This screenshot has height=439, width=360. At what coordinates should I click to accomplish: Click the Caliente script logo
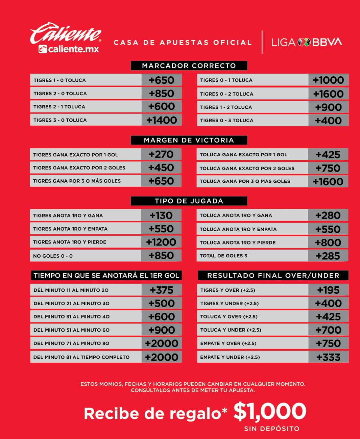tap(66, 33)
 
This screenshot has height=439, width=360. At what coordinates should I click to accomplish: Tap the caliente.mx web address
tap(69, 49)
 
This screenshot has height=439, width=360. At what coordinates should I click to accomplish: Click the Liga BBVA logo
tap(307, 42)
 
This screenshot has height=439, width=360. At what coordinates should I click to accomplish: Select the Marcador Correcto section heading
tap(189, 66)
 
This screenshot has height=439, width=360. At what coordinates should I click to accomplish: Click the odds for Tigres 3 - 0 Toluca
tap(162, 120)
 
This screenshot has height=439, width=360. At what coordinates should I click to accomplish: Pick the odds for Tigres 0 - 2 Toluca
tap(328, 94)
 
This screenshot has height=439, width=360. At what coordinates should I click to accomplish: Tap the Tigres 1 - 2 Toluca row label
tap(226, 107)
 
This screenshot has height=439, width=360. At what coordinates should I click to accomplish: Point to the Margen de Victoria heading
tap(189, 140)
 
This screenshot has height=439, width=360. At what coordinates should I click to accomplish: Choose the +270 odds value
tap(161, 154)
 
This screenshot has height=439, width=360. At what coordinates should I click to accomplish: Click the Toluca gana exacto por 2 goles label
tap(247, 168)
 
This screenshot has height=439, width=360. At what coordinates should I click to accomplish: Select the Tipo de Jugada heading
tap(189, 201)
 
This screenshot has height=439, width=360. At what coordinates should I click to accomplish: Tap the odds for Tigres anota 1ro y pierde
tap(161, 242)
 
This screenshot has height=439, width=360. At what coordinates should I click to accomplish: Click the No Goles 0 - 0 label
tap(53, 256)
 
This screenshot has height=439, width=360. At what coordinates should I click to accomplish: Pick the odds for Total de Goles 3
tap(328, 256)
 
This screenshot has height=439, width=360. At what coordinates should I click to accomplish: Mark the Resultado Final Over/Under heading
tap(273, 276)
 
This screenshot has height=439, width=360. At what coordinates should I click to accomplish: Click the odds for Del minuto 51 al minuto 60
tap(162, 330)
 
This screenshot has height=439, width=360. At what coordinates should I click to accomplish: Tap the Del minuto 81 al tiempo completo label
tap(81, 357)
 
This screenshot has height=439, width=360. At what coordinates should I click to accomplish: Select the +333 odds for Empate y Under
tap(328, 357)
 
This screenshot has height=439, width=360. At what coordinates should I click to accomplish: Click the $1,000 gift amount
tap(270, 411)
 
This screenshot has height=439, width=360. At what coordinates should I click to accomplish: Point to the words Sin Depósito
tap(272, 429)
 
